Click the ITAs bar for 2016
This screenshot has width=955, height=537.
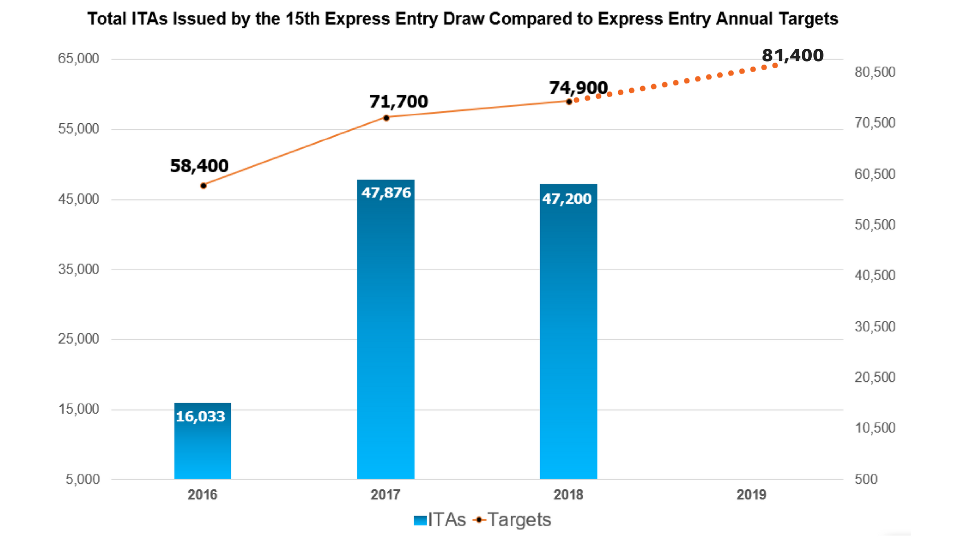point(202,441)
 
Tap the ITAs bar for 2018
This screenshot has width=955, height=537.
point(568,331)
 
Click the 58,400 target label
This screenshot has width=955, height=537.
point(199,166)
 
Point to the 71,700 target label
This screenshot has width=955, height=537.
point(398,101)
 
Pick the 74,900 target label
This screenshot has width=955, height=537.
point(578,88)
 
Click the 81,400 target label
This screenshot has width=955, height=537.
point(792,55)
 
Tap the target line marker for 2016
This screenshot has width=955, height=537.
point(203,185)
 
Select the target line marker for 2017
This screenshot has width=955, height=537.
point(386,118)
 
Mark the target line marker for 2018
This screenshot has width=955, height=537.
point(569,101)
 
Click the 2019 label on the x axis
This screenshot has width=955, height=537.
point(751,495)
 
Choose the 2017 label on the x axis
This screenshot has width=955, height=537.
point(385,495)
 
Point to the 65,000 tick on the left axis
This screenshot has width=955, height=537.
point(79,59)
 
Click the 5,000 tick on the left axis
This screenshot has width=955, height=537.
point(83,479)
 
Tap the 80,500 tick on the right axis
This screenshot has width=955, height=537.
point(875,72)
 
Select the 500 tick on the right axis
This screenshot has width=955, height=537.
point(866,479)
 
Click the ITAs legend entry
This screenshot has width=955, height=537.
point(440,520)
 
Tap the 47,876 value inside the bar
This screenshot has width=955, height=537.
point(386,192)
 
